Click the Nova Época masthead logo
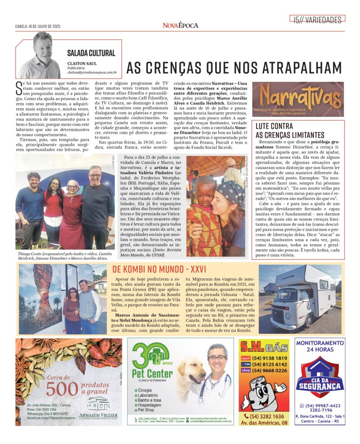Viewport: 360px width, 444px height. coord(180,25)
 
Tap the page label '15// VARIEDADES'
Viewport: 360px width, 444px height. coord(317,19)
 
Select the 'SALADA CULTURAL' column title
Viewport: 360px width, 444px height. coord(91,53)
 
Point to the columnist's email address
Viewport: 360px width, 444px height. coord(92,73)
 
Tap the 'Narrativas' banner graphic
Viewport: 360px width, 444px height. coord(298,99)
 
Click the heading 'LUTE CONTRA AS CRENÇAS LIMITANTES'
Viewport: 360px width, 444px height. coord(290,131)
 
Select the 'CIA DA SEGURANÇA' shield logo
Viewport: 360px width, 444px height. coord(320,378)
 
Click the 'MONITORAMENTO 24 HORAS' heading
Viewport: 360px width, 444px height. coord(320,346)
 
